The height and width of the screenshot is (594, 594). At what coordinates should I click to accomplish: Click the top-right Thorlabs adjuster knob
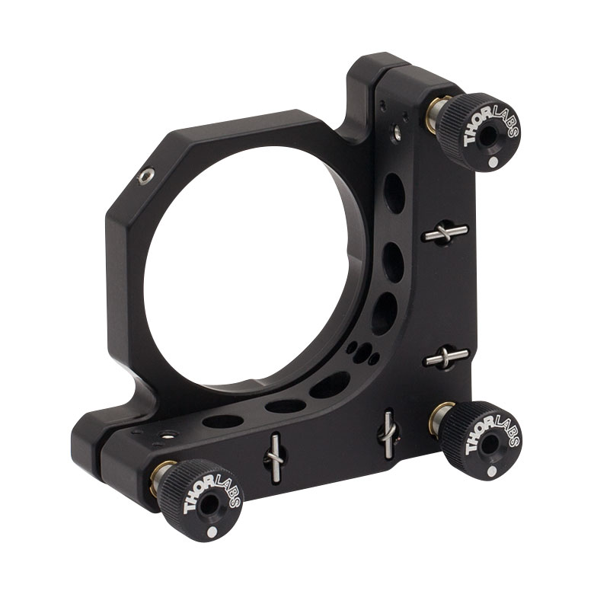[x=481, y=132]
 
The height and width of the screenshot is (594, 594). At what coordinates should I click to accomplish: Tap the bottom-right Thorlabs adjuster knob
[x=481, y=441]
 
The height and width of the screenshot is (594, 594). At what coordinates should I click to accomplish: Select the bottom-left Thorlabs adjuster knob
[x=200, y=500]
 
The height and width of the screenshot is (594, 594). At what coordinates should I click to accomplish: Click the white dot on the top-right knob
[x=493, y=162]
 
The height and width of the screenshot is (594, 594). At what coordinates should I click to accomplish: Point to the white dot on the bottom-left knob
[x=212, y=532]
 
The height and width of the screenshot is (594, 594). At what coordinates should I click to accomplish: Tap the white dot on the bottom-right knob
[x=492, y=471]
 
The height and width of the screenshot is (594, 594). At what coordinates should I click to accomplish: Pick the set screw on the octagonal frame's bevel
[x=146, y=176]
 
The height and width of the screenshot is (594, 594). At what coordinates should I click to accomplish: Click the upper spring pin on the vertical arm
[x=445, y=232]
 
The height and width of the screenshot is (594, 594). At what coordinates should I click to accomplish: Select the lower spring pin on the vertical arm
[x=445, y=357]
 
